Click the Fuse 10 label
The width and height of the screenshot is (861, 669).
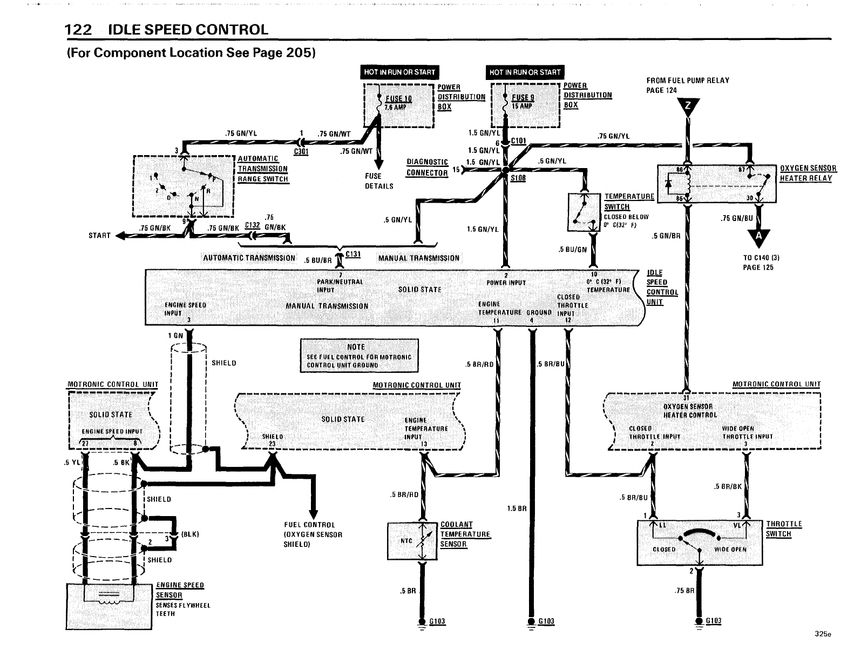coord(399,99)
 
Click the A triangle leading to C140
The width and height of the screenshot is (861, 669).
coord(759,236)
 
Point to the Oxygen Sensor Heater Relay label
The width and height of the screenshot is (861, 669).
coord(808,173)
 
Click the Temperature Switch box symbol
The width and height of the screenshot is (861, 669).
coord(584,212)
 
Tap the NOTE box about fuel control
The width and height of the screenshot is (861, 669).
coord(359,356)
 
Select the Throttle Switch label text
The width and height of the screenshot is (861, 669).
coord(784,529)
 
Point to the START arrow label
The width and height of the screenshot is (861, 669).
coord(99,236)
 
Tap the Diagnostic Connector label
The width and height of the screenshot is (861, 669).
coord(427,168)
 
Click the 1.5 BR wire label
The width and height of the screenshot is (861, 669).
coord(517,509)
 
